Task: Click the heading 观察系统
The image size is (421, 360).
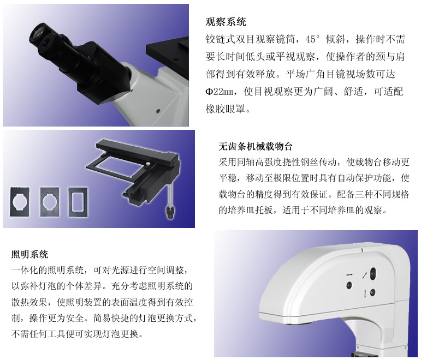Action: (x=226, y=22)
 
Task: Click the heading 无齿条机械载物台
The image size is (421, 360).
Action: (x=256, y=147)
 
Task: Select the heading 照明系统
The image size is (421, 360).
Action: (x=29, y=254)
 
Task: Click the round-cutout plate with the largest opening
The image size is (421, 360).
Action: (x=20, y=201)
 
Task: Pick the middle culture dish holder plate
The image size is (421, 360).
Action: (x=50, y=201)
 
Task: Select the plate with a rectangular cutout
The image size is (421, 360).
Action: (x=78, y=201)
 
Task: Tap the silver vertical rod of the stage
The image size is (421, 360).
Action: (x=170, y=193)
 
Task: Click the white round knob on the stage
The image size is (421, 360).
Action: (x=148, y=163)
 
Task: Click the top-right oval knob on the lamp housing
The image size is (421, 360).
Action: (x=372, y=273)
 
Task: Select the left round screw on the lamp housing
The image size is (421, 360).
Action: (x=349, y=285)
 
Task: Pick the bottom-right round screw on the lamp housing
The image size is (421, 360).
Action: (x=372, y=292)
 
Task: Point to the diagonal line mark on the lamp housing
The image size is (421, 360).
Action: (x=365, y=275)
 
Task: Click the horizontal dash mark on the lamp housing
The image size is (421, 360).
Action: (x=349, y=275)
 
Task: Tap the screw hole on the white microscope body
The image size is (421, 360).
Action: (x=158, y=110)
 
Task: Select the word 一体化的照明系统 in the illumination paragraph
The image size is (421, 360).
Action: (x=48, y=270)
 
